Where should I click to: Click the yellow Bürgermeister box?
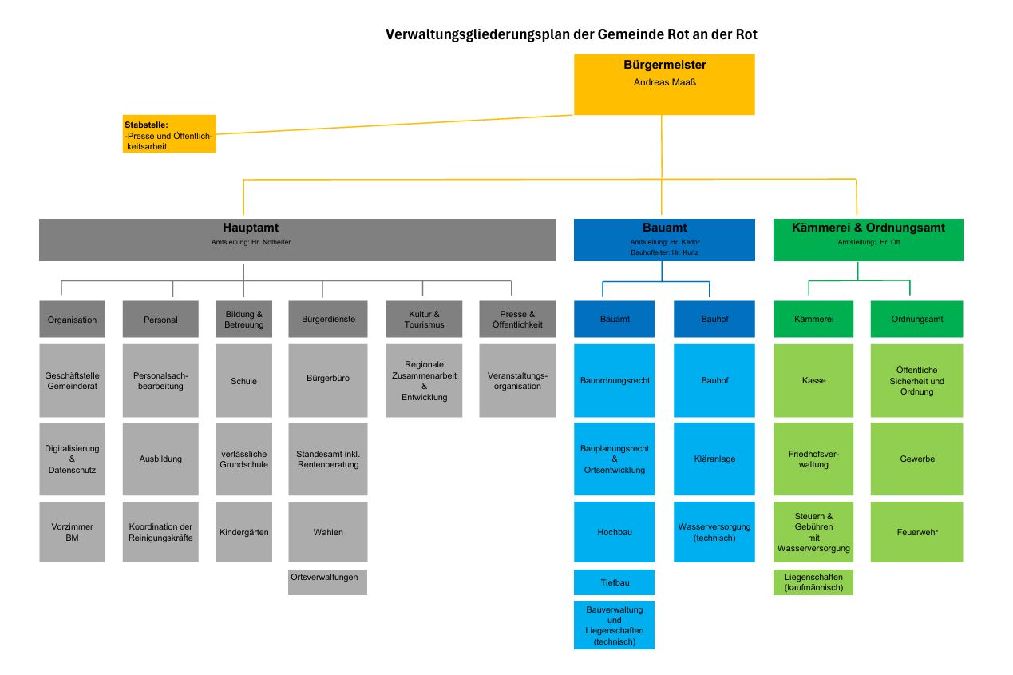click(664, 85)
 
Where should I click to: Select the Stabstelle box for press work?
click(169, 134)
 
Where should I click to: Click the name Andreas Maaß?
click(664, 82)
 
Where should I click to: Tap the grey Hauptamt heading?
click(251, 228)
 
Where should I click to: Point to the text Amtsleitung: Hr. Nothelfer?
click(251, 242)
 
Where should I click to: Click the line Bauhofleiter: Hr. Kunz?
click(664, 252)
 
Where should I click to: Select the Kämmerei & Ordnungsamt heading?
click(869, 228)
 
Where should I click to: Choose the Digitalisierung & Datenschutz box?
click(73, 459)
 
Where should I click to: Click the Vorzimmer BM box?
click(73, 532)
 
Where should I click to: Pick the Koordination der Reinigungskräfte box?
click(160, 532)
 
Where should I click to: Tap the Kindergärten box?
click(243, 532)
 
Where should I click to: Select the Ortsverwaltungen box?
click(328, 582)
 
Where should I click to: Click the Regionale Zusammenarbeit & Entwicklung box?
click(424, 380)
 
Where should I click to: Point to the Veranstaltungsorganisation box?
click(517, 380)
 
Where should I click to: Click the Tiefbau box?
click(614, 582)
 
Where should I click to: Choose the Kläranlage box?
click(714, 459)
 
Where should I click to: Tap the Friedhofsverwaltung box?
click(813, 459)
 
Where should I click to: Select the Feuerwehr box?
click(917, 532)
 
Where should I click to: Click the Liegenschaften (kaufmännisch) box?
click(813, 582)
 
